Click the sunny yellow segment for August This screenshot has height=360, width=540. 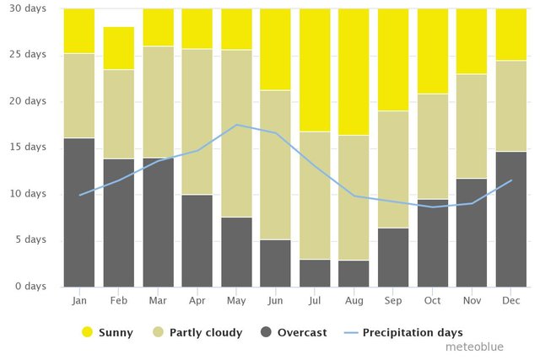click(x=354, y=72)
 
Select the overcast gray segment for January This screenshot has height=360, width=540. click(x=79, y=212)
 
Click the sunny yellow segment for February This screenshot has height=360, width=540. click(x=119, y=48)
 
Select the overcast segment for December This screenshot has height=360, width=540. click(x=510, y=218)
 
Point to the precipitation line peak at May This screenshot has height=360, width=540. click(x=236, y=125)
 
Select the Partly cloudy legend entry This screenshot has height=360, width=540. click(x=199, y=332)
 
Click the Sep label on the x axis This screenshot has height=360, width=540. click(x=393, y=299)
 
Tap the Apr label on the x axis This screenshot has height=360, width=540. click(x=197, y=299)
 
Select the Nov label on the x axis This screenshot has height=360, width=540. click(x=472, y=299)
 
